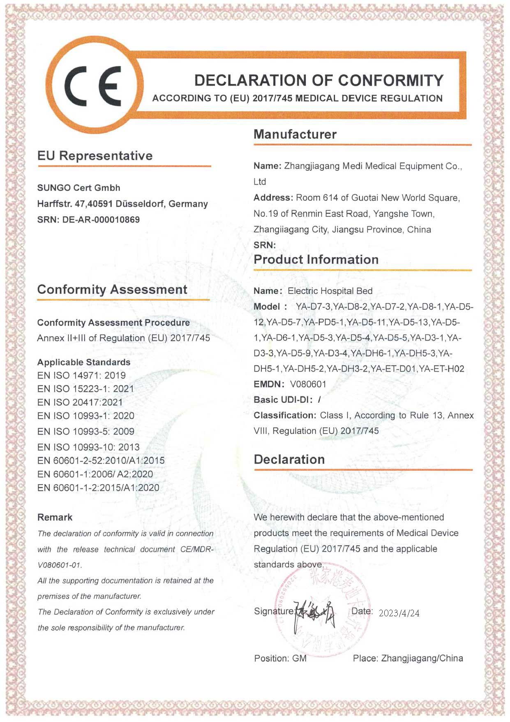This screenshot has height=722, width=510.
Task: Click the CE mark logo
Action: click(x=93, y=86)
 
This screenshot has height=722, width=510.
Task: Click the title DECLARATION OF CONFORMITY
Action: click(x=318, y=80)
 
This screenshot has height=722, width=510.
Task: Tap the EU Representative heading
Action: click(x=95, y=156)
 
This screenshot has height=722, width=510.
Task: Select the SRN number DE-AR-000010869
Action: click(x=101, y=220)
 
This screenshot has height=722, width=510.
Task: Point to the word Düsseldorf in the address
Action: click(x=140, y=204)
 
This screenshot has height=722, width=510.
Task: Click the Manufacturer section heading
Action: click(x=295, y=134)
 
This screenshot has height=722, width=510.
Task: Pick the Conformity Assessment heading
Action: click(x=112, y=289)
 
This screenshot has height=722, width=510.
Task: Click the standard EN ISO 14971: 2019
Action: click(x=81, y=375)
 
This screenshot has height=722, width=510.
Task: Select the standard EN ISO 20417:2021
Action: click(x=80, y=402)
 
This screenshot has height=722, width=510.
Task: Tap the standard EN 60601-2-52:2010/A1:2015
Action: click(x=101, y=460)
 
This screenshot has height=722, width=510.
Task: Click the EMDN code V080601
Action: click(x=308, y=384)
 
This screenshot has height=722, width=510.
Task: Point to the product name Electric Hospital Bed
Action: click(x=330, y=291)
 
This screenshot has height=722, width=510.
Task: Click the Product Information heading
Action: click(x=316, y=260)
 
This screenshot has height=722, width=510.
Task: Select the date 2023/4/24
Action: click(x=399, y=613)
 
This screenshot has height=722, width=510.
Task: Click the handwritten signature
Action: click(x=315, y=613)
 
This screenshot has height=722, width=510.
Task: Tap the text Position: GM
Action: click(x=280, y=658)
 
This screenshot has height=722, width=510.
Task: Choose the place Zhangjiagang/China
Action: click(x=422, y=658)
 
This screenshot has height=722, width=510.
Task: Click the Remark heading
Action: click(x=55, y=517)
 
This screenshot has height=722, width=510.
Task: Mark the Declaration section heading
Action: click(x=289, y=459)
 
